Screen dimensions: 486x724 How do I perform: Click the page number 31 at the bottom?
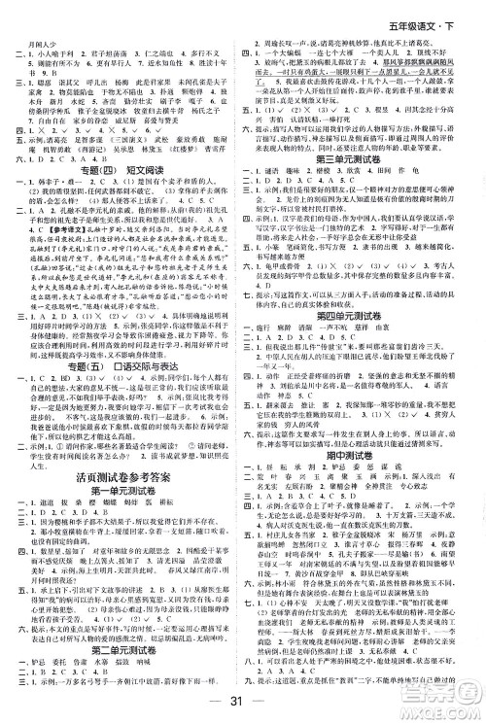243,707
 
